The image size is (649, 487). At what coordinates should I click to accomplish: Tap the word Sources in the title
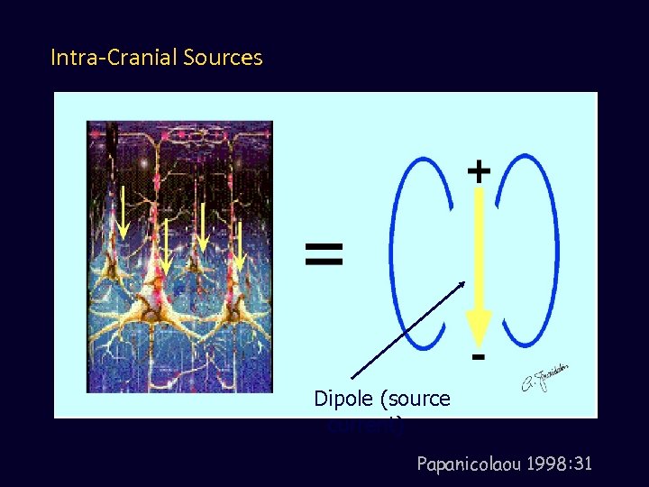coord(223,59)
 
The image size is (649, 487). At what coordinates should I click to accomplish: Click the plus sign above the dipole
coord(479,170)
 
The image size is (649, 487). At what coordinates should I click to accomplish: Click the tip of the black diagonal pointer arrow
coord(464,282)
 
